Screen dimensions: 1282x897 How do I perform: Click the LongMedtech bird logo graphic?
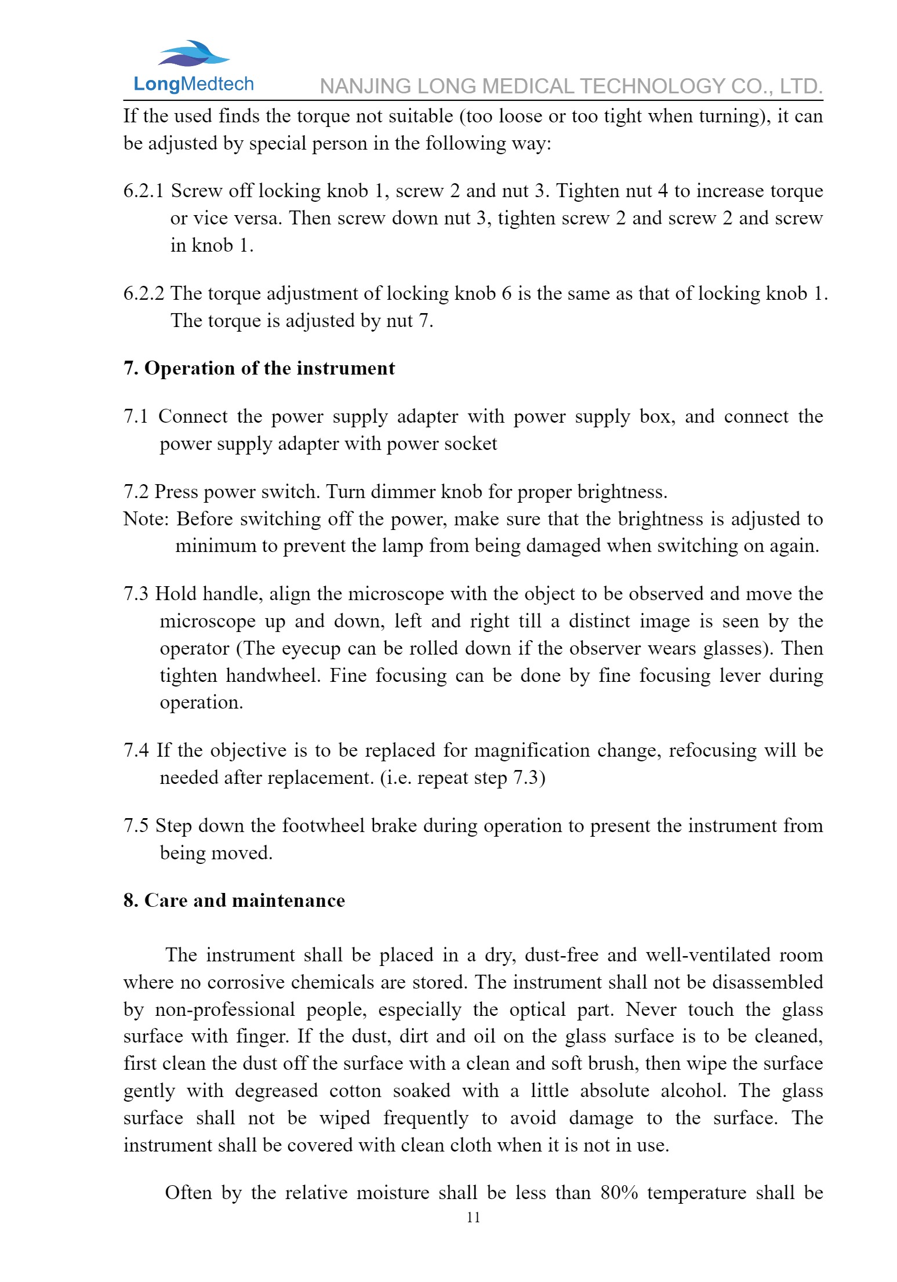point(193,53)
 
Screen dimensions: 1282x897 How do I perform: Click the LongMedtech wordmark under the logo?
point(193,84)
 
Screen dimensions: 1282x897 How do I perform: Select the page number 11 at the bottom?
point(473,1217)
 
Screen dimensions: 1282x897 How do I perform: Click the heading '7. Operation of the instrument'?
point(259,368)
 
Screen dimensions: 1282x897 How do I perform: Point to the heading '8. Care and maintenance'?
point(234,900)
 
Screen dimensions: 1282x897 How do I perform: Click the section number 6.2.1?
point(143,191)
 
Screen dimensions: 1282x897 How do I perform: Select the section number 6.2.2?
point(143,293)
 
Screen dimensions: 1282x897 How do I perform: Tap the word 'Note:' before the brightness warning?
point(146,518)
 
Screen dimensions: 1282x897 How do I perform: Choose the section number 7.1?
point(136,416)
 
